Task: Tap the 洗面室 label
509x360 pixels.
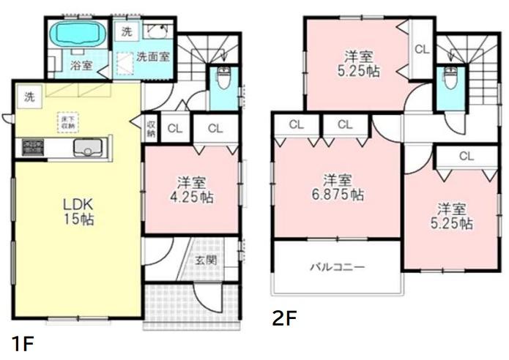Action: tap(153, 56)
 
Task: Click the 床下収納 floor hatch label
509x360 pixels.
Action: tap(67, 122)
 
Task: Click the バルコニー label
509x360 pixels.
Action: tap(337, 267)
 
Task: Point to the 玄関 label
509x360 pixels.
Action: tap(205, 260)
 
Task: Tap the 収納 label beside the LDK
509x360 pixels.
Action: tap(151, 129)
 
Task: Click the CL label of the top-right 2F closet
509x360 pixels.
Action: tap(421, 50)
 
